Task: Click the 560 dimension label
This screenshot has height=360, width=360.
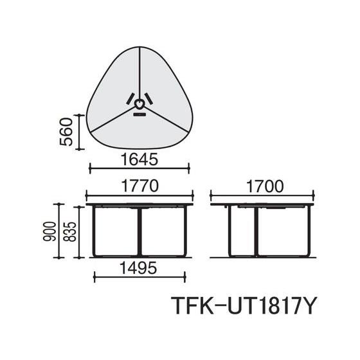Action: [66, 132]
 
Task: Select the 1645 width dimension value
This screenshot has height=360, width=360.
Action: [139, 159]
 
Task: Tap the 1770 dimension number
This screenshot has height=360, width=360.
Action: [139, 186]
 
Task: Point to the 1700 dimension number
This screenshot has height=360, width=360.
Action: [265, 186]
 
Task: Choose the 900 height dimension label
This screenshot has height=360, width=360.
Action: [50, 231]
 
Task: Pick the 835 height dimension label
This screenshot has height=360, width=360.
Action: [69, 231]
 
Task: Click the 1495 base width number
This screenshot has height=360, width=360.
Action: [139, 268]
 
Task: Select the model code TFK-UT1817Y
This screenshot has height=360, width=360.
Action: [244, 306]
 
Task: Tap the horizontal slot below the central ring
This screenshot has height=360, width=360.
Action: [139, 114]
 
